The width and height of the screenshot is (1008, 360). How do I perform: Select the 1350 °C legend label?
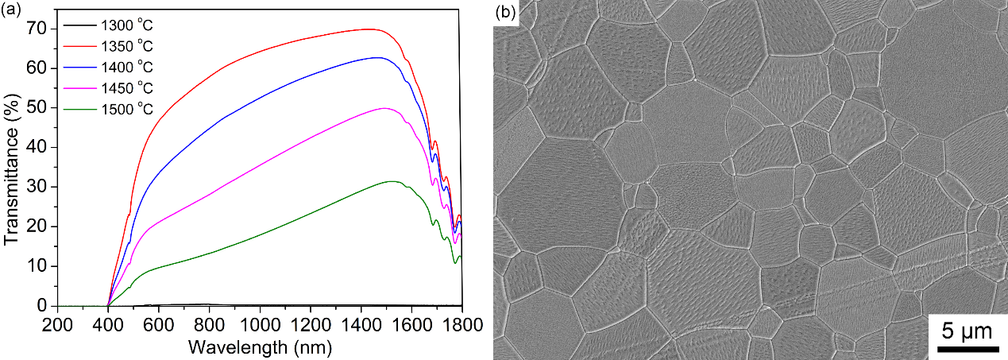tap(127, 48)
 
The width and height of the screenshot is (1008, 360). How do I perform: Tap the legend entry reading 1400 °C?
tap(127, 68)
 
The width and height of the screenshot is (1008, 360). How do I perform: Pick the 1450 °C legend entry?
tap(127, 87)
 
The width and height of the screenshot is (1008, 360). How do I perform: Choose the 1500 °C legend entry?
tap(127, 108)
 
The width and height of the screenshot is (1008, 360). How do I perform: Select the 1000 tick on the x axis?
tap(260, 324)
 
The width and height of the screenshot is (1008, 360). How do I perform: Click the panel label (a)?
tap(10, 10)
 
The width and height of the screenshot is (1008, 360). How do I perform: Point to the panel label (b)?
tap(506, 13)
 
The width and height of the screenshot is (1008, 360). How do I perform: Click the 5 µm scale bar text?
tap(967, 328)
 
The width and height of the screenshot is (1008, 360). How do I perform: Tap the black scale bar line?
tap(967, 346)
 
